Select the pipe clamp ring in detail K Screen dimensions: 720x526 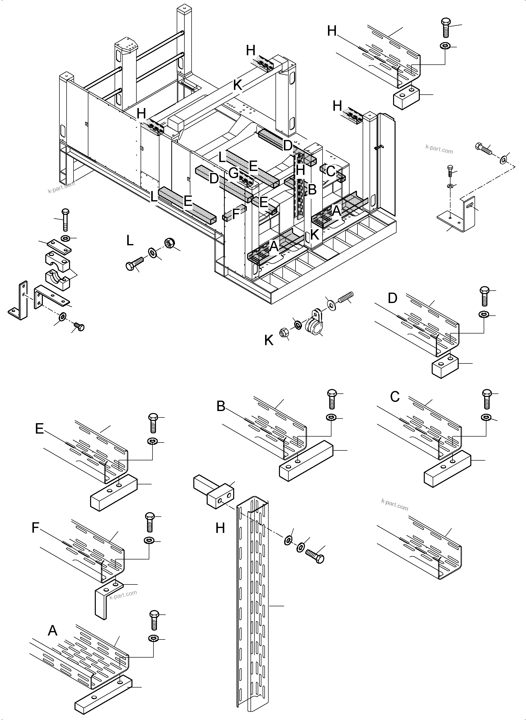[313, 327]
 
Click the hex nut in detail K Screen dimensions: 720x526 [284, 333]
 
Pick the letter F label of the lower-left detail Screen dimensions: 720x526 [35, 528]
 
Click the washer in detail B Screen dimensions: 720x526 [331, 417]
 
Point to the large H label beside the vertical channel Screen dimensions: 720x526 [220, 528]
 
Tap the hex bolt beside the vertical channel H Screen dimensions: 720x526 [315, 556]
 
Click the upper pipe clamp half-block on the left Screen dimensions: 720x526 [57, 259]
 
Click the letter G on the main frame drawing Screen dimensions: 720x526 [233, 174]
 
